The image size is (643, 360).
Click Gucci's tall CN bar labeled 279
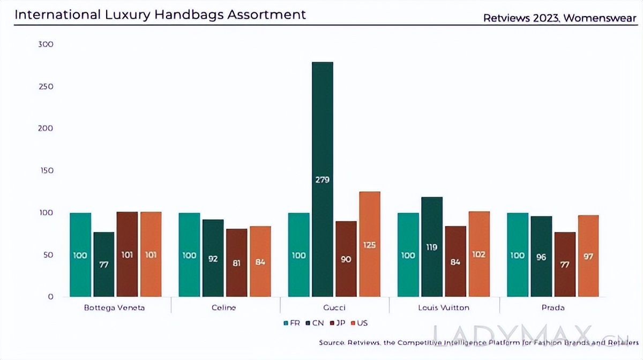322,179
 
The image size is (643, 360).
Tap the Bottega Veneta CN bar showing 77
103,264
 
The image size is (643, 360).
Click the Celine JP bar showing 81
236,262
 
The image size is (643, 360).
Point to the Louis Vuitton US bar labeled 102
478,254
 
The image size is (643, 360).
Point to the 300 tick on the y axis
46,44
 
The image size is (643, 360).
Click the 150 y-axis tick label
46,170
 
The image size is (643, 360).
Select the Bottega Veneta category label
115,307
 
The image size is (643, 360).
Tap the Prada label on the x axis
552,307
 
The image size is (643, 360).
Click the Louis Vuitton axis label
443,307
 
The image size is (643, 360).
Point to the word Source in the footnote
331,342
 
